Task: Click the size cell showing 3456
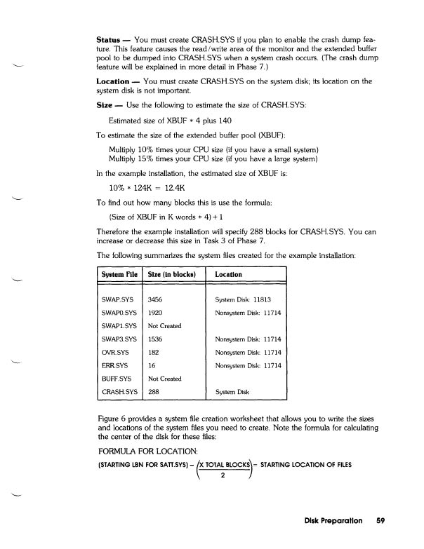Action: coord(156,299)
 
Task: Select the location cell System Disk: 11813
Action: coord(248,299)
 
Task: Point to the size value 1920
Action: coord(156,313)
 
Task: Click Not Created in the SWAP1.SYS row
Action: coord(166,326)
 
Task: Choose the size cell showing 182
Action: coord(154,352)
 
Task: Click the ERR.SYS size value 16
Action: coord(152,365)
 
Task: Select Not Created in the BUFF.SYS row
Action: coord(166,379)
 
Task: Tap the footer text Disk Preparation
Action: coord(335,521)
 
